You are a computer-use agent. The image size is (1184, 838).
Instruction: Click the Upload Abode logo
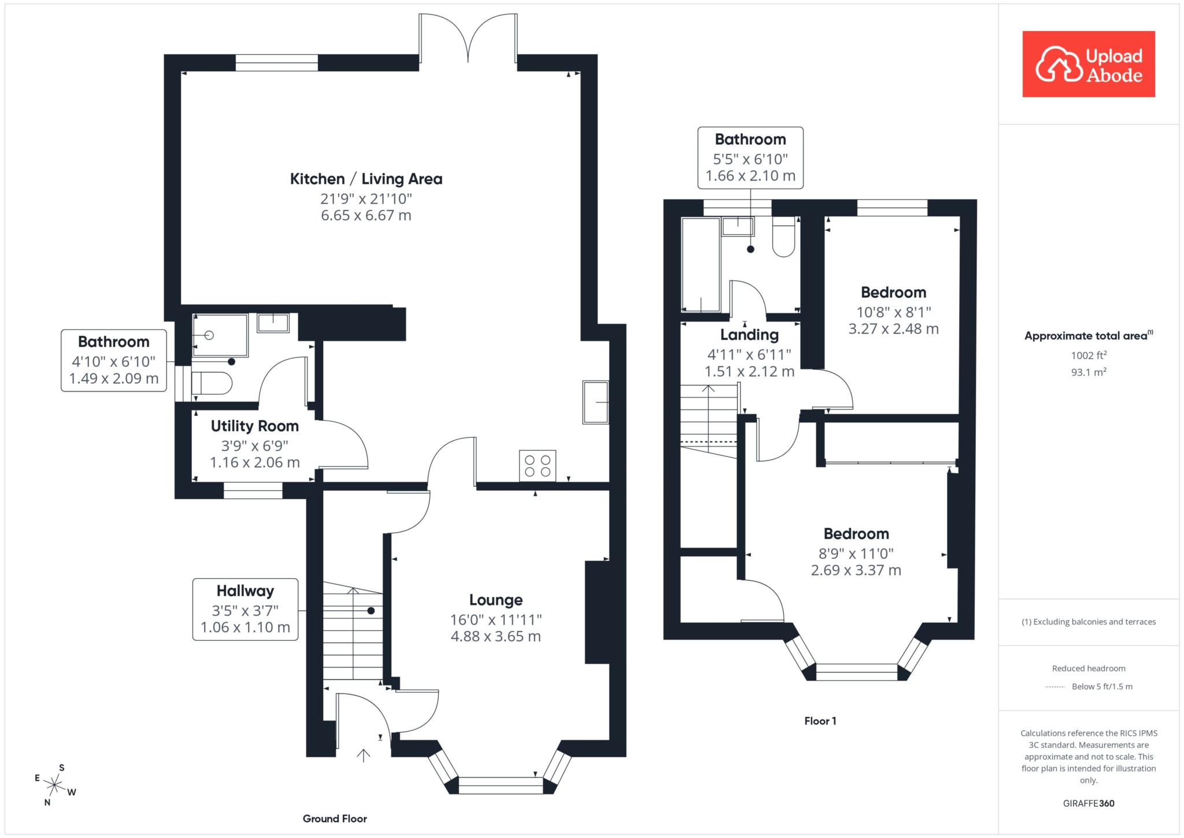tap(1089, 64)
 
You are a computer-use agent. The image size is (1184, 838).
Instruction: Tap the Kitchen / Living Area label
tap(366, 179)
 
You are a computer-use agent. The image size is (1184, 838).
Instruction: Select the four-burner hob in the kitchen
tap(538, 466)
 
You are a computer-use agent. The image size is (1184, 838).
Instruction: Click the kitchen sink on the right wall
tap(595, 402)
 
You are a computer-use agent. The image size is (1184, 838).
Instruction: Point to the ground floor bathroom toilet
tap(212, 383)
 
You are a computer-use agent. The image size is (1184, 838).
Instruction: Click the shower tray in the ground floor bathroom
tap(220, 335)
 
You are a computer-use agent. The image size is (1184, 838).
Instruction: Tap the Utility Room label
tap(254, 426)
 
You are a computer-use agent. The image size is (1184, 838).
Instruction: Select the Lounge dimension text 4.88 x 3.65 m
tap(495, 637)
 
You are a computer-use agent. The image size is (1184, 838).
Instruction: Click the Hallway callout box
tap(245, 610)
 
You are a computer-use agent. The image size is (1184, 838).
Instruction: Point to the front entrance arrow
tap(363, 755)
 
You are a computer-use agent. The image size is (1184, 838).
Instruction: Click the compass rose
tap(55, 785)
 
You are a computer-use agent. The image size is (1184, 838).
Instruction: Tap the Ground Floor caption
tap(335, 818)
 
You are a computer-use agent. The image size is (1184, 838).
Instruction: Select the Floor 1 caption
tap(820, 721)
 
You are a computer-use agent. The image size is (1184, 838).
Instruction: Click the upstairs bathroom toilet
tap(783, 237)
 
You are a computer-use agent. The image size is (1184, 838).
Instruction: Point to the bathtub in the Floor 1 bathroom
tap(701, 264)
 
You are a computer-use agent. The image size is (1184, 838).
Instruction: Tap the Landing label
tap(749, 335)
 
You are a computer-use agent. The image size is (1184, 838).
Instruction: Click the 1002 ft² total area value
tap(1089, 355)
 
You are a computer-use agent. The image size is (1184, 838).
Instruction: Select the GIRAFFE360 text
tap(1089, 803)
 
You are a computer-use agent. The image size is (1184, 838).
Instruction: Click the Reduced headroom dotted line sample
tap(1055, 687)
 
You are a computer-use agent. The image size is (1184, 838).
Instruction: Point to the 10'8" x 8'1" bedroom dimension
tap(893, 312)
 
